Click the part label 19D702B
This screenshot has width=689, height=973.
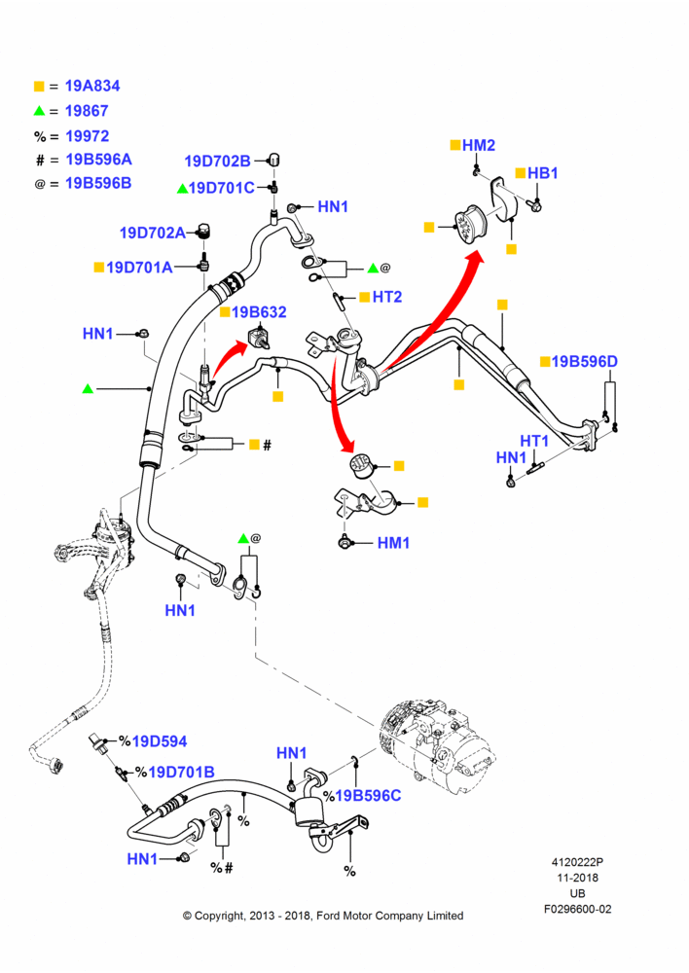[x=217, y=162]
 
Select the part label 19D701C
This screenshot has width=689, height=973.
[x=222, y=188]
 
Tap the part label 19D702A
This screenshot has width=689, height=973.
[x=153, y=233]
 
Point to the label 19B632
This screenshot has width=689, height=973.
[x=259, y=311]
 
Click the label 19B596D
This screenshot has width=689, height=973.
[x=585, y=361]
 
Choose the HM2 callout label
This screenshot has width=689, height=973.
[x=479, y=145]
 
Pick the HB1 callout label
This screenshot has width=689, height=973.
[x=542, y=173]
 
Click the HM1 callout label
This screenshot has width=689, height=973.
[x=393, y=543]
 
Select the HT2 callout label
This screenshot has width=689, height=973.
[x=387, y=297]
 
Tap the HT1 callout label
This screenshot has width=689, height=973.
[x=534, y=441]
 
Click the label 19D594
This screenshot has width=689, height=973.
[x=160, y=741]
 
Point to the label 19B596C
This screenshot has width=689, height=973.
[x=368, y=796]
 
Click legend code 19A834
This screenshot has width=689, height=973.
[x=92, y=87]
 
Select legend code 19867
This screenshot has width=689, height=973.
[x=87, y=111]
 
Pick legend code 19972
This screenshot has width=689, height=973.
[x=88, y=136]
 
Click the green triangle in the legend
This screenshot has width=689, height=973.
[x=39, y=111]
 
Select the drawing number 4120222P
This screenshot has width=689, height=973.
[x=577, y=862]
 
